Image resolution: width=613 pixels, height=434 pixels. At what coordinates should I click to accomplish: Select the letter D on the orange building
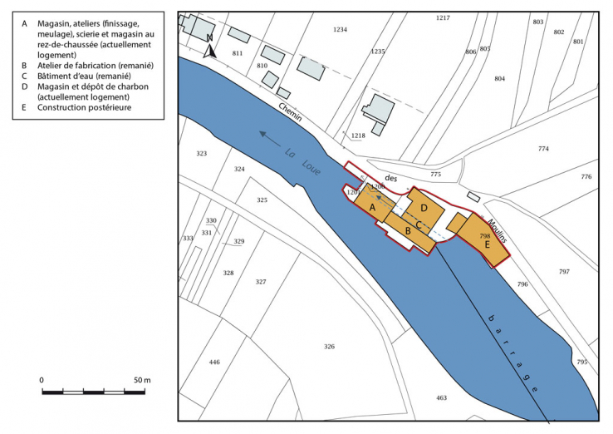(x=424, y=207)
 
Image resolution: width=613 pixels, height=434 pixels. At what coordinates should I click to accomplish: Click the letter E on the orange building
(x=487, y=244)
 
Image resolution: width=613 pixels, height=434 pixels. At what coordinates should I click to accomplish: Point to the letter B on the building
(x=408, y=230)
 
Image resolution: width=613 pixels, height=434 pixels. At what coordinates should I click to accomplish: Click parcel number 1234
(x=339, y=29)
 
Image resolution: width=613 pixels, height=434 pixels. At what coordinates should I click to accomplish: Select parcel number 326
(x=329, y=346)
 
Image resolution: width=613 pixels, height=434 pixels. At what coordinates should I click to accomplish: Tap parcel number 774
(x=543, y=149)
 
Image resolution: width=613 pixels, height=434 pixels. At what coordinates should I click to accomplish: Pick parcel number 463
(x=441, y=398)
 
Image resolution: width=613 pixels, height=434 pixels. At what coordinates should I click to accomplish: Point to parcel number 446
(x=214, y=362)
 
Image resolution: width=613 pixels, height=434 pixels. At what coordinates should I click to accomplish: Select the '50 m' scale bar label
(x=141, y=380)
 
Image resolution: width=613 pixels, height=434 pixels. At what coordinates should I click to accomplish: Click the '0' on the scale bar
(x=42, y=380)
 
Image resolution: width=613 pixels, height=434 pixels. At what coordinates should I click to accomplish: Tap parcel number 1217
(x=442, y=17)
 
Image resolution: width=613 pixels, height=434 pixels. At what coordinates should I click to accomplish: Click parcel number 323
(x=201, y=154)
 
